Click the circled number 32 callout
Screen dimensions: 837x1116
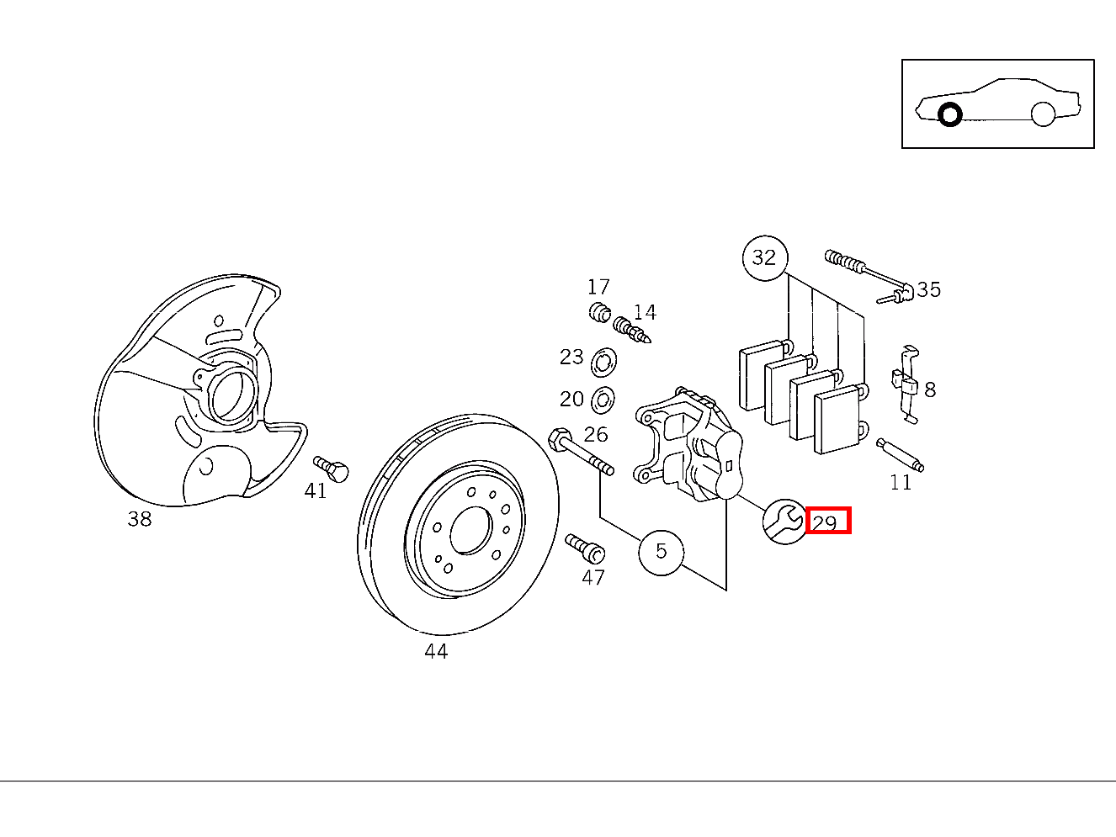764,257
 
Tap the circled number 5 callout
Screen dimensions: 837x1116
661,552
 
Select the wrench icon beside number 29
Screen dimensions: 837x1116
784,522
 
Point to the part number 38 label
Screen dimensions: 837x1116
140,519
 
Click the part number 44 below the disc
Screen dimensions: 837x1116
436,651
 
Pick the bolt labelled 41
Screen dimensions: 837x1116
332,469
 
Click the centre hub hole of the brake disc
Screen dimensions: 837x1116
470,530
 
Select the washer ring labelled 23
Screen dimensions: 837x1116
603,363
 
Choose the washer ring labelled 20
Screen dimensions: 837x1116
603,400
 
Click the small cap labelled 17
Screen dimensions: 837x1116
599,312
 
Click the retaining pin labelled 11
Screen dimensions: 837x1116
901,455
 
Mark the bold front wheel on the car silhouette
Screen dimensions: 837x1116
949,114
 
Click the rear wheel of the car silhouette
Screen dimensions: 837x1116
1043,114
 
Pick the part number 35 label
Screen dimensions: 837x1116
928,289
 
